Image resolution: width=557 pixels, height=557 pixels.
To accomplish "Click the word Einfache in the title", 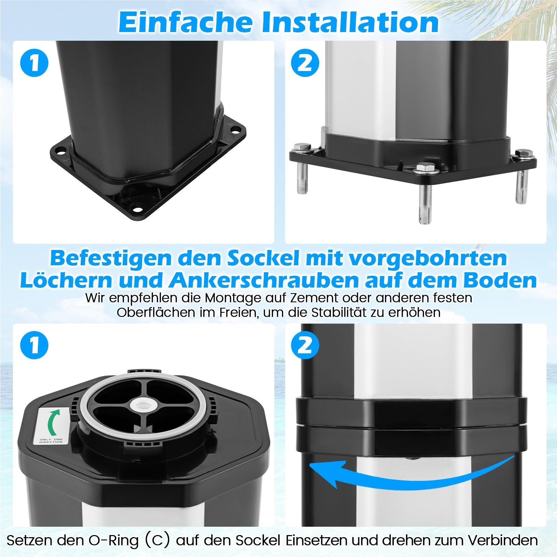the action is pyautogui.click(x=186, y=22).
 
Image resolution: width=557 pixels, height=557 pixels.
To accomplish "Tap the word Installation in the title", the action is pyautogui.click(x=350, y=22).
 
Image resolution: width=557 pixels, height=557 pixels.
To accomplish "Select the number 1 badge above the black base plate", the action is pyautogui.click(x=34, y=63).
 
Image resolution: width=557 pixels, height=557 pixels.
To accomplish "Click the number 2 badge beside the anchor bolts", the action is pyautogui.click(x=305, y=63).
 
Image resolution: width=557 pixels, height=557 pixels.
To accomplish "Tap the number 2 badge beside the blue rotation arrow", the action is pyautogui.click(x=305, y=345).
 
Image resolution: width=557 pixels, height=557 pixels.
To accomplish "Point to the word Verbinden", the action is pyautogui.click(x=502, y=540).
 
